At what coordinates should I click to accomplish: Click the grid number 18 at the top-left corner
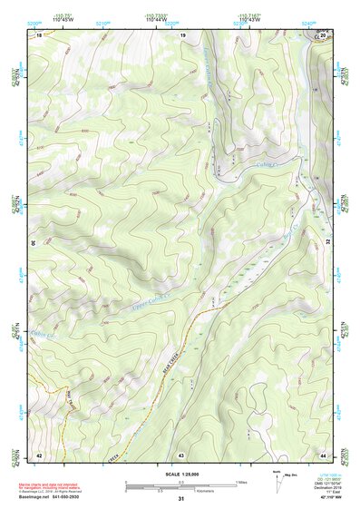tap(39, 34)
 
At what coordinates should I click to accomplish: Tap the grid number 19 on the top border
tap(182, 34)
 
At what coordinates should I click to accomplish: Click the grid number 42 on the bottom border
tap(39, 454)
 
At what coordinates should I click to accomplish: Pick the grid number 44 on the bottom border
tap(324, 454)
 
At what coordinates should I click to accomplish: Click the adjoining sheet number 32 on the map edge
tap(327, 243)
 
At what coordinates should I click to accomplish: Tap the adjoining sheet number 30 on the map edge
tap(35, 243)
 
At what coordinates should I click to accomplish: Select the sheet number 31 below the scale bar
tap(181, 499)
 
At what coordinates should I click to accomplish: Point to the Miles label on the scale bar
tap(241, 482)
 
